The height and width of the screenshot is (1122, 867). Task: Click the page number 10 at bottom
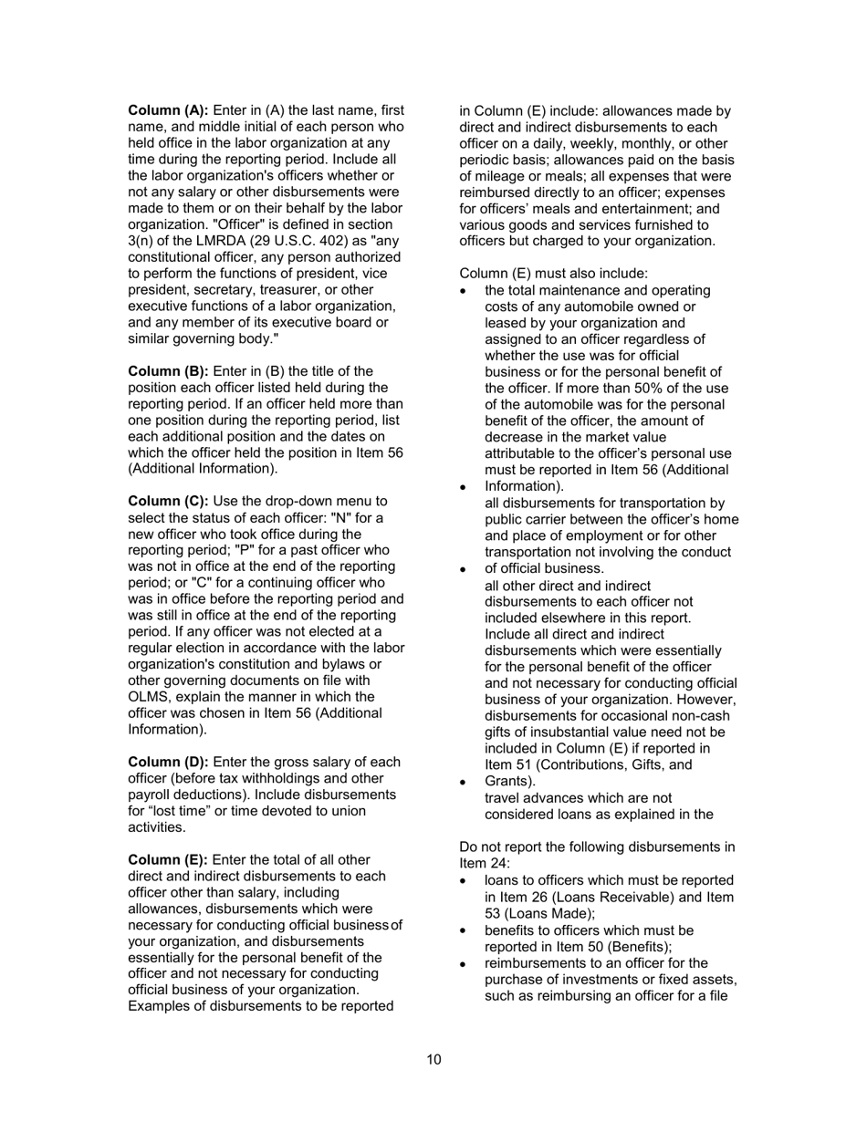point(433,1059)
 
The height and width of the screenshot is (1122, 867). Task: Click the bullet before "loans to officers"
point(465,881)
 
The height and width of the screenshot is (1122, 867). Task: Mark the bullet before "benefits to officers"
point(465,931)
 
